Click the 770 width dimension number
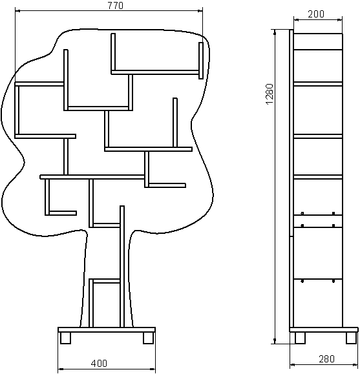116,6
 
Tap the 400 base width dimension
99,363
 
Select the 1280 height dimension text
270,94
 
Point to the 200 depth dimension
316,14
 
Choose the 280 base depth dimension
326,358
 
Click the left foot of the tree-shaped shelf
65,338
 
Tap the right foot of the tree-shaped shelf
148,338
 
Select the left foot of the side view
300,338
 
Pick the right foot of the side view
352,338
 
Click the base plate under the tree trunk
107,330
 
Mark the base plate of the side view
324,330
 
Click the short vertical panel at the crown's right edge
201,61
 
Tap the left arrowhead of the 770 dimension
17,10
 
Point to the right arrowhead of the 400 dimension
153,369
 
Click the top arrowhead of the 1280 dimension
275,32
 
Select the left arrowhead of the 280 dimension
292,364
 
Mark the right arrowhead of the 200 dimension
339,20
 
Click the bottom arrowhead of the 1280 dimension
275,341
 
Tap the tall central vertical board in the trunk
122,266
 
